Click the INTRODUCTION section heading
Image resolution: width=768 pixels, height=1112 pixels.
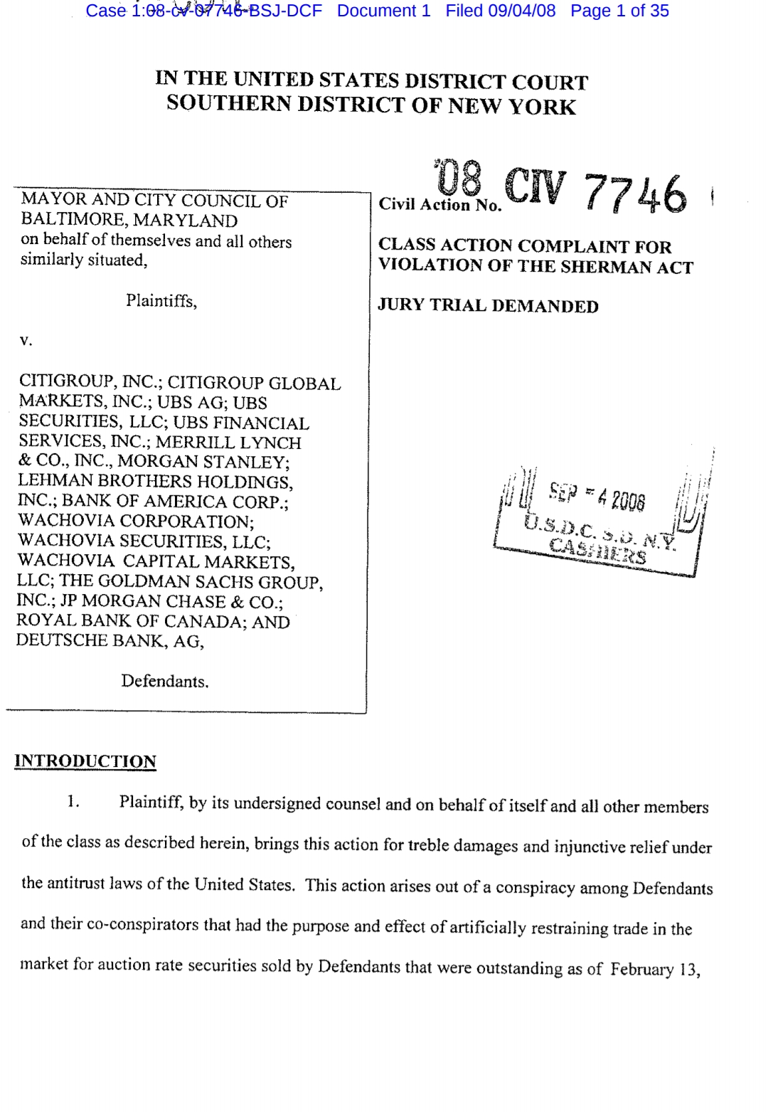[x=85, y=761]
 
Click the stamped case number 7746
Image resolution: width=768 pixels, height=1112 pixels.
[x=636, y=194]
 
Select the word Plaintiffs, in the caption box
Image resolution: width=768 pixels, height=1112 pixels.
[x=161, y=301]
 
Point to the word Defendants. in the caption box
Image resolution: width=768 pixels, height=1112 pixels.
[x=165, y=681]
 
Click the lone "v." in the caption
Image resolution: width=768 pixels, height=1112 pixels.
[x=26, y=341]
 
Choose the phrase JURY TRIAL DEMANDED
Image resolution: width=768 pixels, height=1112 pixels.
[x=488, y=306]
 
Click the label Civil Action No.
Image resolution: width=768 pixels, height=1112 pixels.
[x=439, y=205]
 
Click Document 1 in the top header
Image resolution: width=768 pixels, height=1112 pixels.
[x=383, y=11]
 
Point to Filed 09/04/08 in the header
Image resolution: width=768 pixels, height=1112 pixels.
[x=501, y=11]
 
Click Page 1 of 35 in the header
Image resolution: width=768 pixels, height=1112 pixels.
[x=619, y=11]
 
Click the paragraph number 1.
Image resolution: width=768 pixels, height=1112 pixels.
[x=73, y=803]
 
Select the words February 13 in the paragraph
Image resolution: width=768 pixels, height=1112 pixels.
[x=654, y=969]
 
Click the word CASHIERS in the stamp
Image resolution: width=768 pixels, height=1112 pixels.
[x=597, y=552]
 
